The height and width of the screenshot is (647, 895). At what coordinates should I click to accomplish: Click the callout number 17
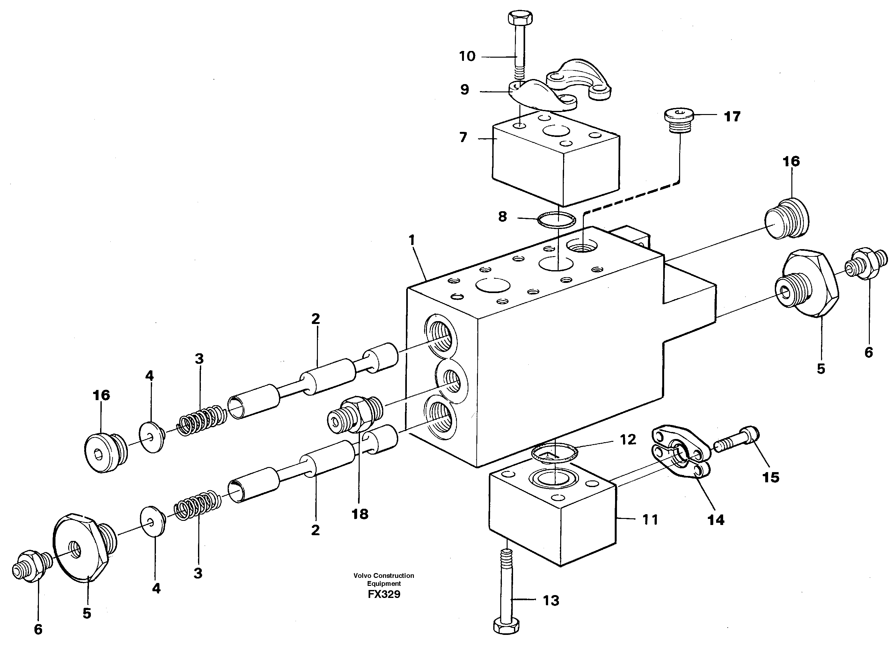point(732,117)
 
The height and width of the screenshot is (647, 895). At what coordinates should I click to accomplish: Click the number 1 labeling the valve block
point(412,240)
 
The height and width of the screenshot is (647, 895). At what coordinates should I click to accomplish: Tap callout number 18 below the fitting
point(360,514)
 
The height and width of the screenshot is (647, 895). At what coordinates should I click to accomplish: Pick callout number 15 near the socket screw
point(771,478)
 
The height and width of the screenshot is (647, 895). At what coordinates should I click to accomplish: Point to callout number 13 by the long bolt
point(551,600)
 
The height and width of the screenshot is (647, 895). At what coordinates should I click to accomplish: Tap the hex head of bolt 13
point(507,625)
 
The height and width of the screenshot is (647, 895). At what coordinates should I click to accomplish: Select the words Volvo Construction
point(384,576)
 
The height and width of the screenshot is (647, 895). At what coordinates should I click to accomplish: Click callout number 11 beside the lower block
point(650,519)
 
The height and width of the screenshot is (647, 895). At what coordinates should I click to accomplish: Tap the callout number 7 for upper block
point(463,138)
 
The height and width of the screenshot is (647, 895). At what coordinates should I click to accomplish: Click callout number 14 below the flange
point(716,520)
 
